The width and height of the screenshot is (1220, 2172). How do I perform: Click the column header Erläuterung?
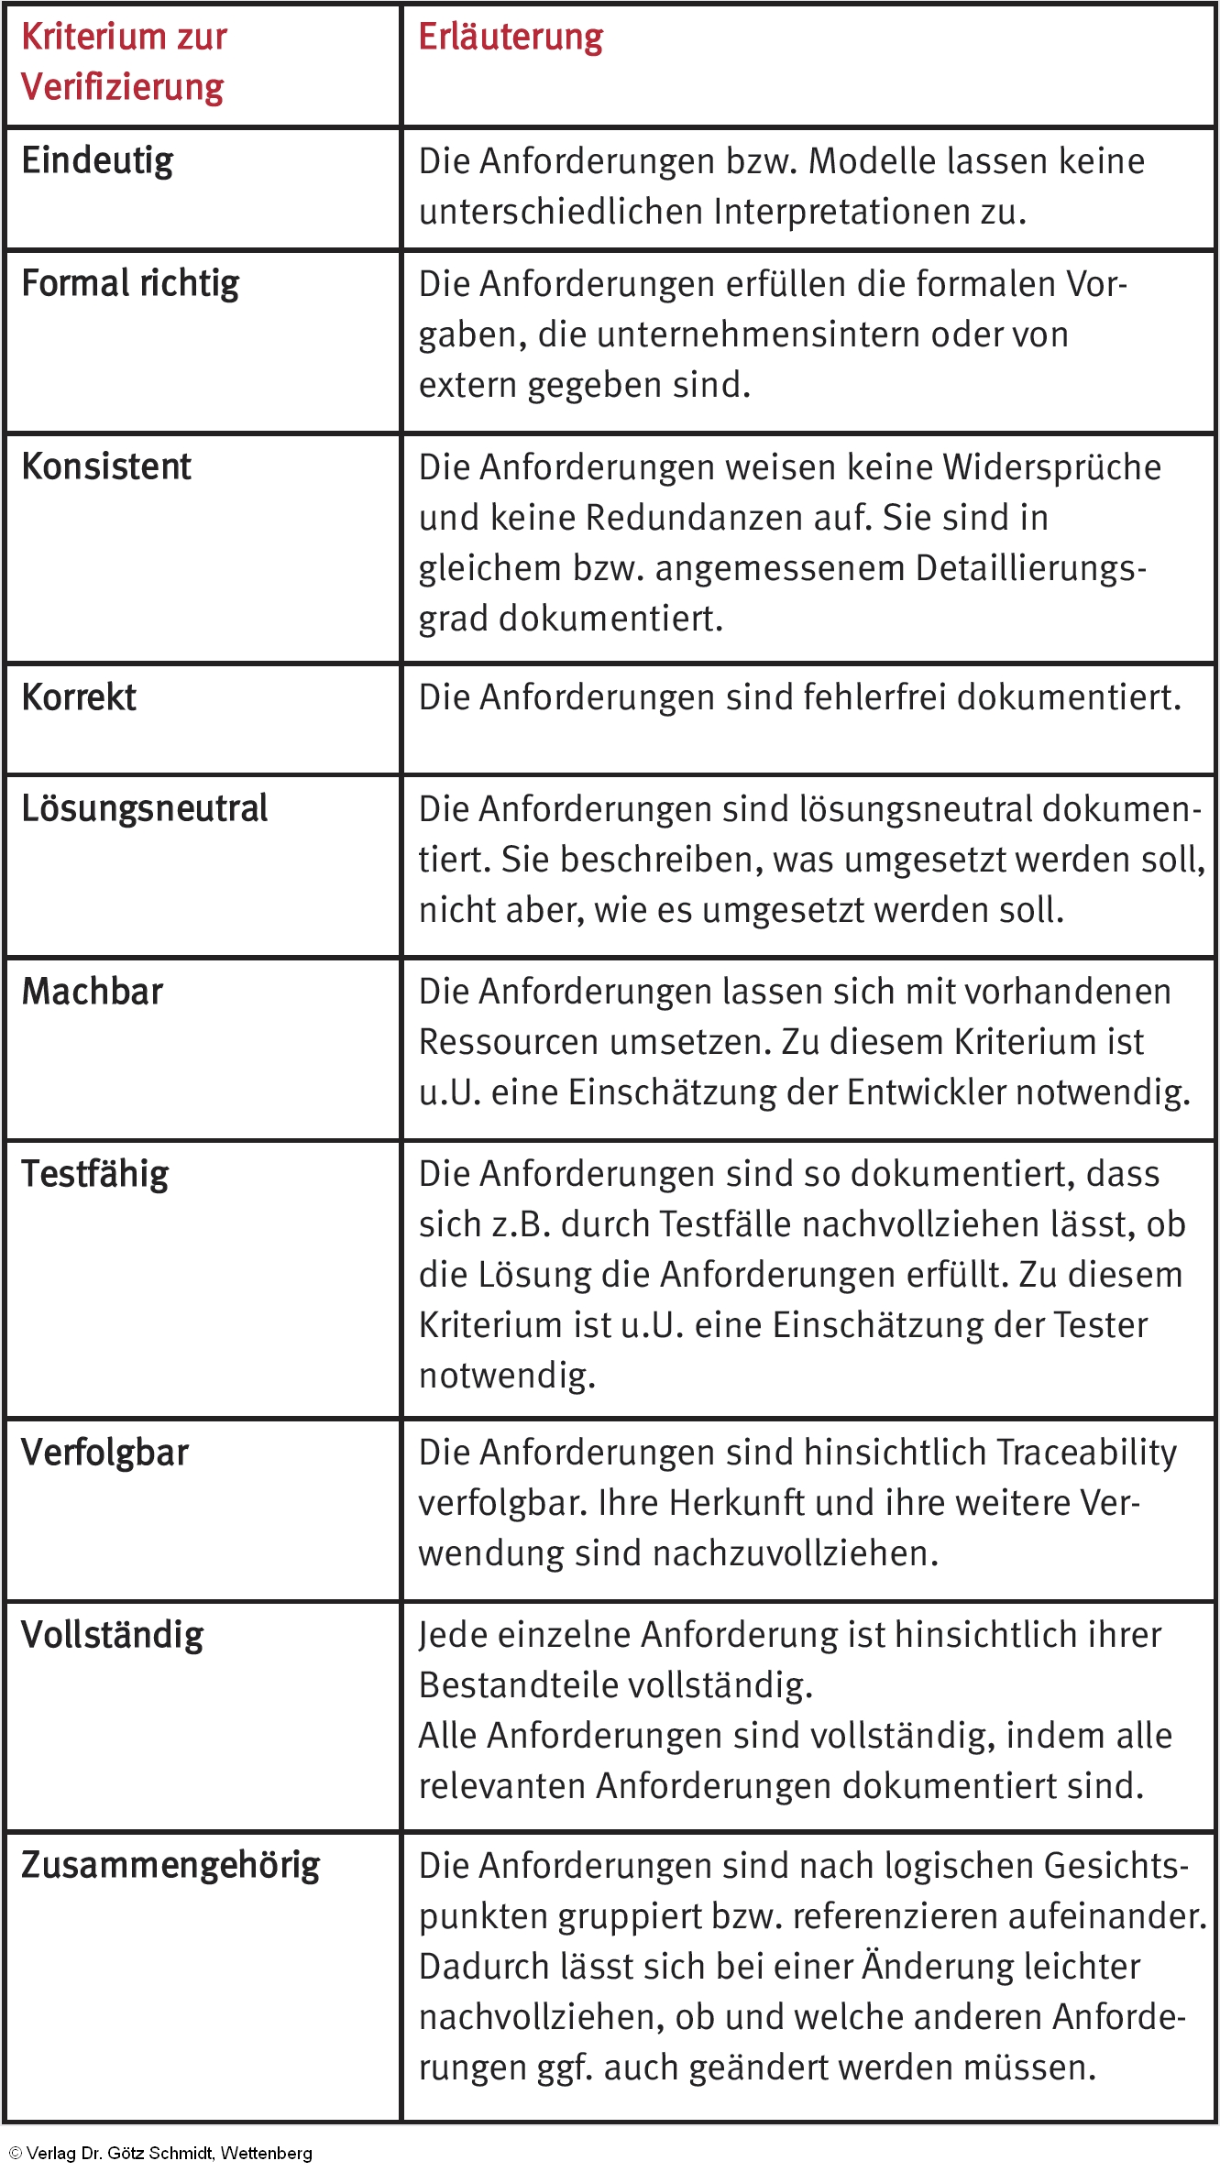coord(511,38)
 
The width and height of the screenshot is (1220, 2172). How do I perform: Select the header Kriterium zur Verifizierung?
coord(124,62)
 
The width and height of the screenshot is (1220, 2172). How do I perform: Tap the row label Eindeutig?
coord(97,161)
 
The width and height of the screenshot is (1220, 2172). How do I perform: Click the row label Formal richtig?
coord(130,284)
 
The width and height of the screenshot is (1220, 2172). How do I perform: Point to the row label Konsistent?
coord(106,467)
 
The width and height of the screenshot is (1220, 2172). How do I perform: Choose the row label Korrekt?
coord(79,698)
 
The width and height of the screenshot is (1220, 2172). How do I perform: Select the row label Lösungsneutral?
coord(145,809)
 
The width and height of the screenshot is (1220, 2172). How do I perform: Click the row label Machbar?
coord(93,993)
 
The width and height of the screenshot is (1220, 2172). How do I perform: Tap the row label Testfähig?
coord(95,1175)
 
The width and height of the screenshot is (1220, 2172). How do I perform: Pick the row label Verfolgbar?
coord(105,1453)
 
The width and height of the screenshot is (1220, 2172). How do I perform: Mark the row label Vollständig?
coord(113,1636)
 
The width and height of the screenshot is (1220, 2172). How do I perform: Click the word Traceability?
coord(1086,1453)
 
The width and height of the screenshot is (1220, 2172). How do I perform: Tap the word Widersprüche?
coord(1051,468)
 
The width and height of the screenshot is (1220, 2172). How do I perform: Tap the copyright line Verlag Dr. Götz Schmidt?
coord(160,2154)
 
